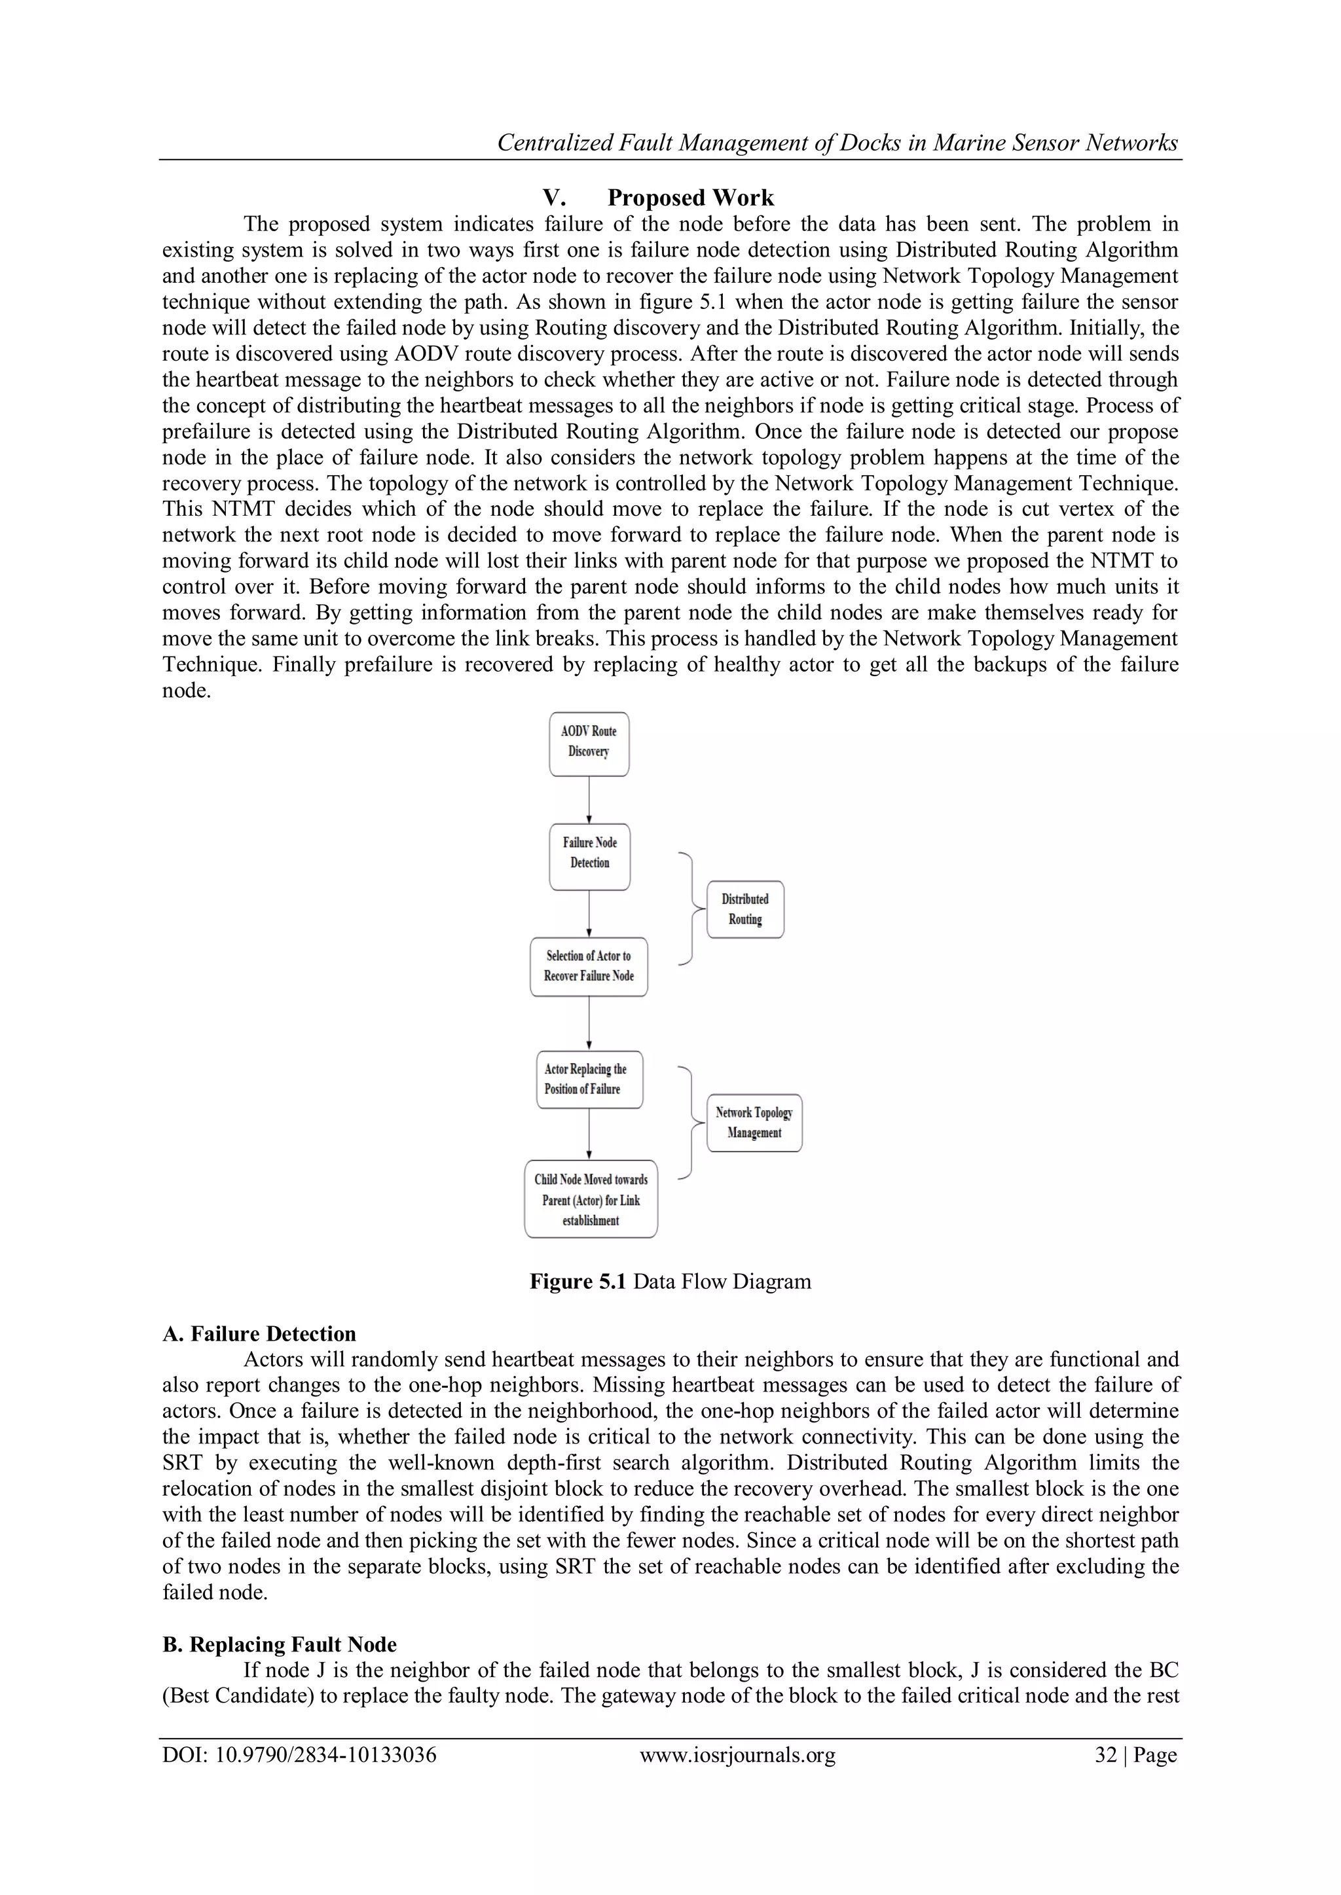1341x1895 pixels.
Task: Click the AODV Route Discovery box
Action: (589, 744)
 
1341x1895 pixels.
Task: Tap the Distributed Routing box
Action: (744, 909)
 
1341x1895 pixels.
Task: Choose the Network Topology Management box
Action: (754, 1123)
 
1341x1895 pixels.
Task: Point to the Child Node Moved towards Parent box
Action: (591, 1199)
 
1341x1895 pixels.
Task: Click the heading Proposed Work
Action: (690, 198)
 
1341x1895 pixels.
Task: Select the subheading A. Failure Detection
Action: (259, 1334)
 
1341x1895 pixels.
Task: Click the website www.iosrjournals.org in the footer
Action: (737, 1755)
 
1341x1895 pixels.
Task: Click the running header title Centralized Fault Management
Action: (836, 143)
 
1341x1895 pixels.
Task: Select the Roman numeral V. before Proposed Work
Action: (553, 198)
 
